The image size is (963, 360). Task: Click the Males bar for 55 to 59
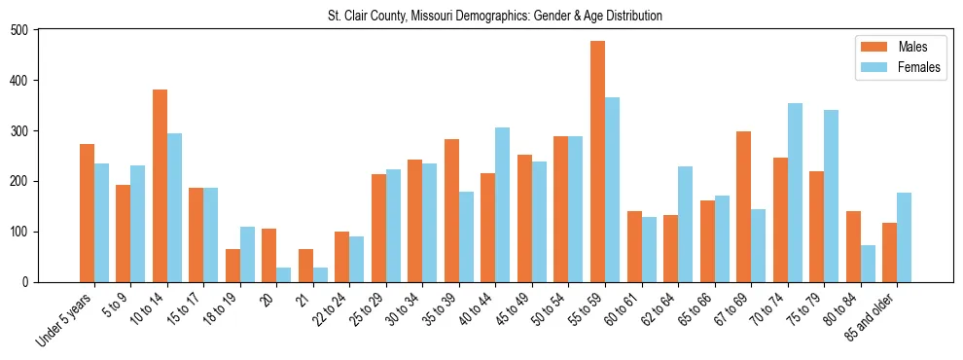click(597, 162)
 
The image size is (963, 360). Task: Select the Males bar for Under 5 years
click(87, 213)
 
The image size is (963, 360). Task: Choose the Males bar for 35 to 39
click(451, 210)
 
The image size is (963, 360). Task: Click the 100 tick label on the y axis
click(24, 232)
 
